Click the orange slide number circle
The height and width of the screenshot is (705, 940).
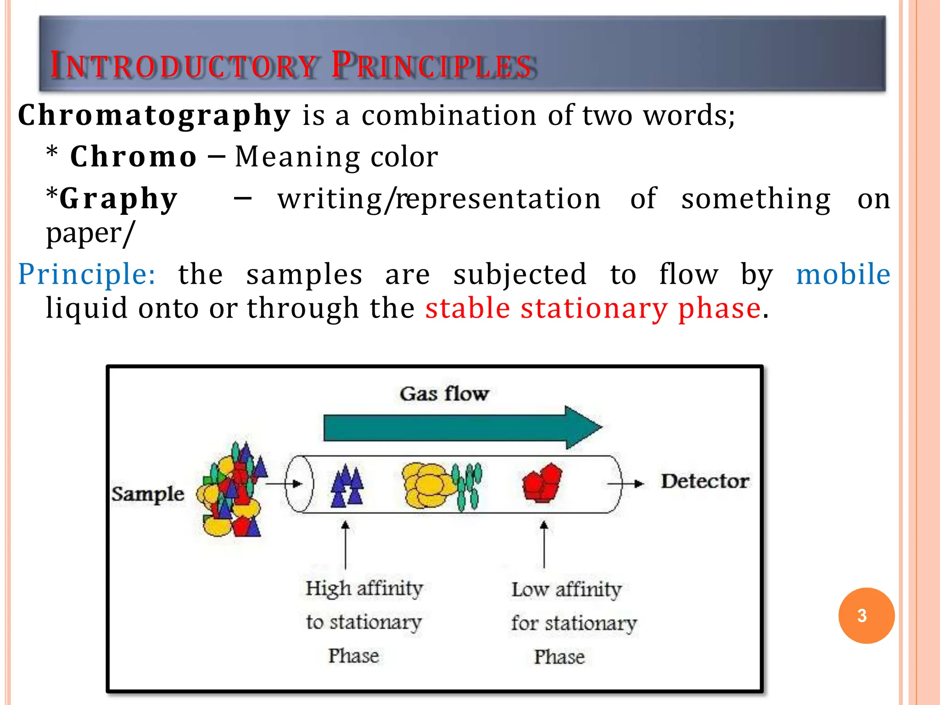click(866, 615)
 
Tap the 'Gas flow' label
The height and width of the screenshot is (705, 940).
click(444, 394)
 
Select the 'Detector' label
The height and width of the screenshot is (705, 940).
click(705, 481)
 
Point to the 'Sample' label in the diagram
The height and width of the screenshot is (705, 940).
click(147, 494)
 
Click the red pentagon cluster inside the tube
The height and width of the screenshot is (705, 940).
click(542, 483)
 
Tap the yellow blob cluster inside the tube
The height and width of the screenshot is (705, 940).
click(427, 485)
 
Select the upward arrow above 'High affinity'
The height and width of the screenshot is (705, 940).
click(346, 544)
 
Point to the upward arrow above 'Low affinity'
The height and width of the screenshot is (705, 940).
click(544, 544)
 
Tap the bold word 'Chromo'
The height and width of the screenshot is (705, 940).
click(134, 157)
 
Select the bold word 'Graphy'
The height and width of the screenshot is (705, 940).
click(118, 199)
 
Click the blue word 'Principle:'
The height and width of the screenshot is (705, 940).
click(87, 274)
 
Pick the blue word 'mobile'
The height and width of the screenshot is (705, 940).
click(843, 274)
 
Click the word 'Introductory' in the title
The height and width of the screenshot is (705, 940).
click(184, 65)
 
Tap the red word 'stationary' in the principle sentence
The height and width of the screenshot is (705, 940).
click(594, 308)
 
